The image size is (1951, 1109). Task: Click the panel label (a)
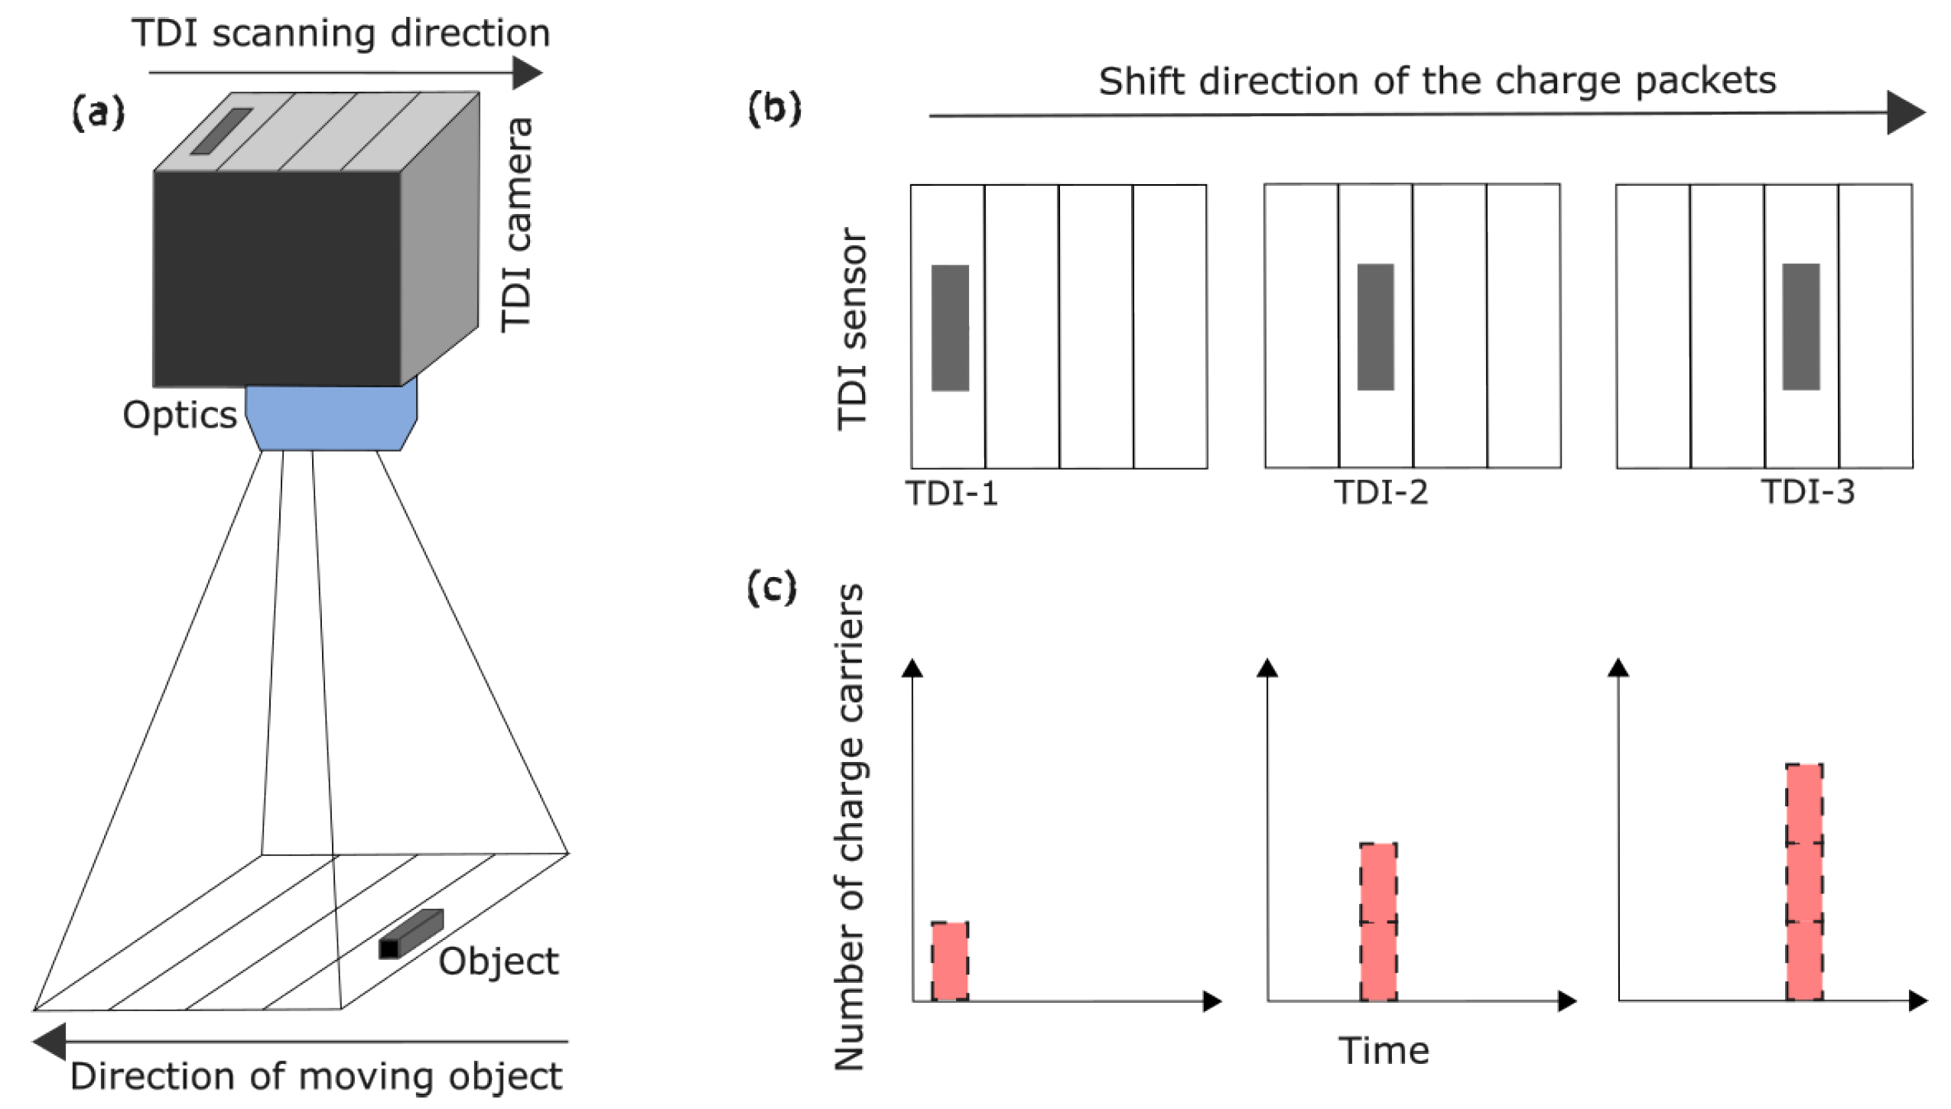[x=98, y=114]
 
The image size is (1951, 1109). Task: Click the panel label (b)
[x=774, y=109]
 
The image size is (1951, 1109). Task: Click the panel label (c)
[x=772, y=589]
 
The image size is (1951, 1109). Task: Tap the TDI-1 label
[x=952, y=494]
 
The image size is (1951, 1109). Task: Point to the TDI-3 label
[x=1808, y=492]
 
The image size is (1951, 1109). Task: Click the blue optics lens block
[x=332, y=417]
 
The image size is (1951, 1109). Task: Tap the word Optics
[x=180, y=415]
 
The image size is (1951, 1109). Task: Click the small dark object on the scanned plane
[x=411, y=933]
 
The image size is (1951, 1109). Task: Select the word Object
[x=498, y=961]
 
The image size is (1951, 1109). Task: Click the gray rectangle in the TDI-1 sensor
[x=950, y=328]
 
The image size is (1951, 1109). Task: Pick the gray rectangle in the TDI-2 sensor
[x=1375, y=327]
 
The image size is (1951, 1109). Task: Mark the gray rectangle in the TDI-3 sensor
[x=1800, y=326]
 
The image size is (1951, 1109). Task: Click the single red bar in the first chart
[x=949, y=961]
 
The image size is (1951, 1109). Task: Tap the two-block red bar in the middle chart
[x=1378, y=922]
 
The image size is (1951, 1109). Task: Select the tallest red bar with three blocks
[x=1803, y=882]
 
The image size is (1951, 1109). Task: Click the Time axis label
[x=1384, y=1051]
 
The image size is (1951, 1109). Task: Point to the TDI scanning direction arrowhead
[x=527, y=73]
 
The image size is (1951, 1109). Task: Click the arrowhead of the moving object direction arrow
[x=50, y=1041]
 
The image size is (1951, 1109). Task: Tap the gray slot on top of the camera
[x=221, y=131]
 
